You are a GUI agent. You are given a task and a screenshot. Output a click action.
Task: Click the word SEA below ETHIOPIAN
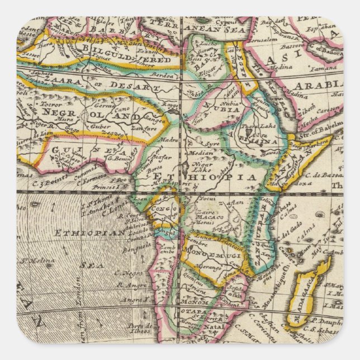click(84, 266)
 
